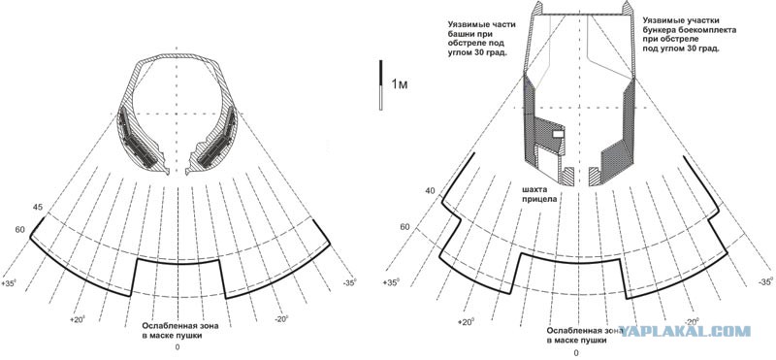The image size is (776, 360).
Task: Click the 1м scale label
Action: (x=400, y=84)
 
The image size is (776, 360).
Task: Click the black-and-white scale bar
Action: (x=380, y=84)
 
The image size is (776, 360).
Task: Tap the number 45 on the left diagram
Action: (x=37, y=208)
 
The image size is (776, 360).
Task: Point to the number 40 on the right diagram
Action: (x=430, y=190)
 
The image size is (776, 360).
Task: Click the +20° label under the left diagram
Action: (x=79, y=320)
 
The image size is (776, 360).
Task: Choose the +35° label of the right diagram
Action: (x=391, y=282)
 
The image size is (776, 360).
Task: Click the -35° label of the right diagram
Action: (x=765, y=281)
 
